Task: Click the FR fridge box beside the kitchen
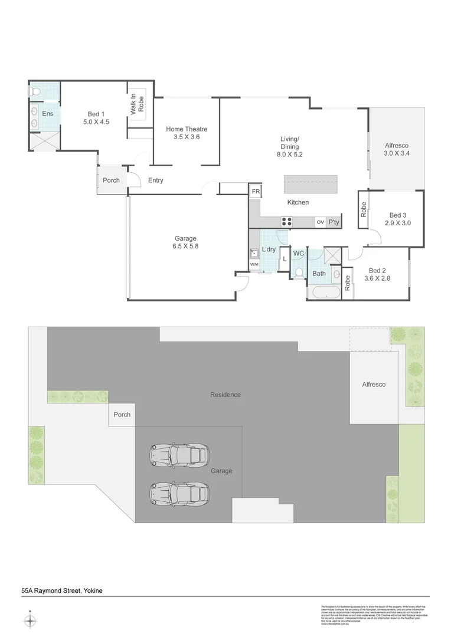(x=255, y=192)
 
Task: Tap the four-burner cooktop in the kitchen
(x=287, y=222)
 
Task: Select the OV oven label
(x=320, y=222)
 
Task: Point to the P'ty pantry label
(x=334, y=222)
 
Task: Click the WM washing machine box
(x=254, y=265)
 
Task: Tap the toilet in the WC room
(x=299, y=272)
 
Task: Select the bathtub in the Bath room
(x=323, y=293)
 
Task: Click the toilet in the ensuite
(x=36, y=91)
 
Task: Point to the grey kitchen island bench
(x=311, y=184)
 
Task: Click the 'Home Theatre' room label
(x=187, y=129)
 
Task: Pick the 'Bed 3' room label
(x=398, y=215)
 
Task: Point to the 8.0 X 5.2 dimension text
(x=290, y=155)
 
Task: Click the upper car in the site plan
(x=179, y=455)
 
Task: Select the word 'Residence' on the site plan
(x=225, y=395)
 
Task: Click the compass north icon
(x=30, y=620)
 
